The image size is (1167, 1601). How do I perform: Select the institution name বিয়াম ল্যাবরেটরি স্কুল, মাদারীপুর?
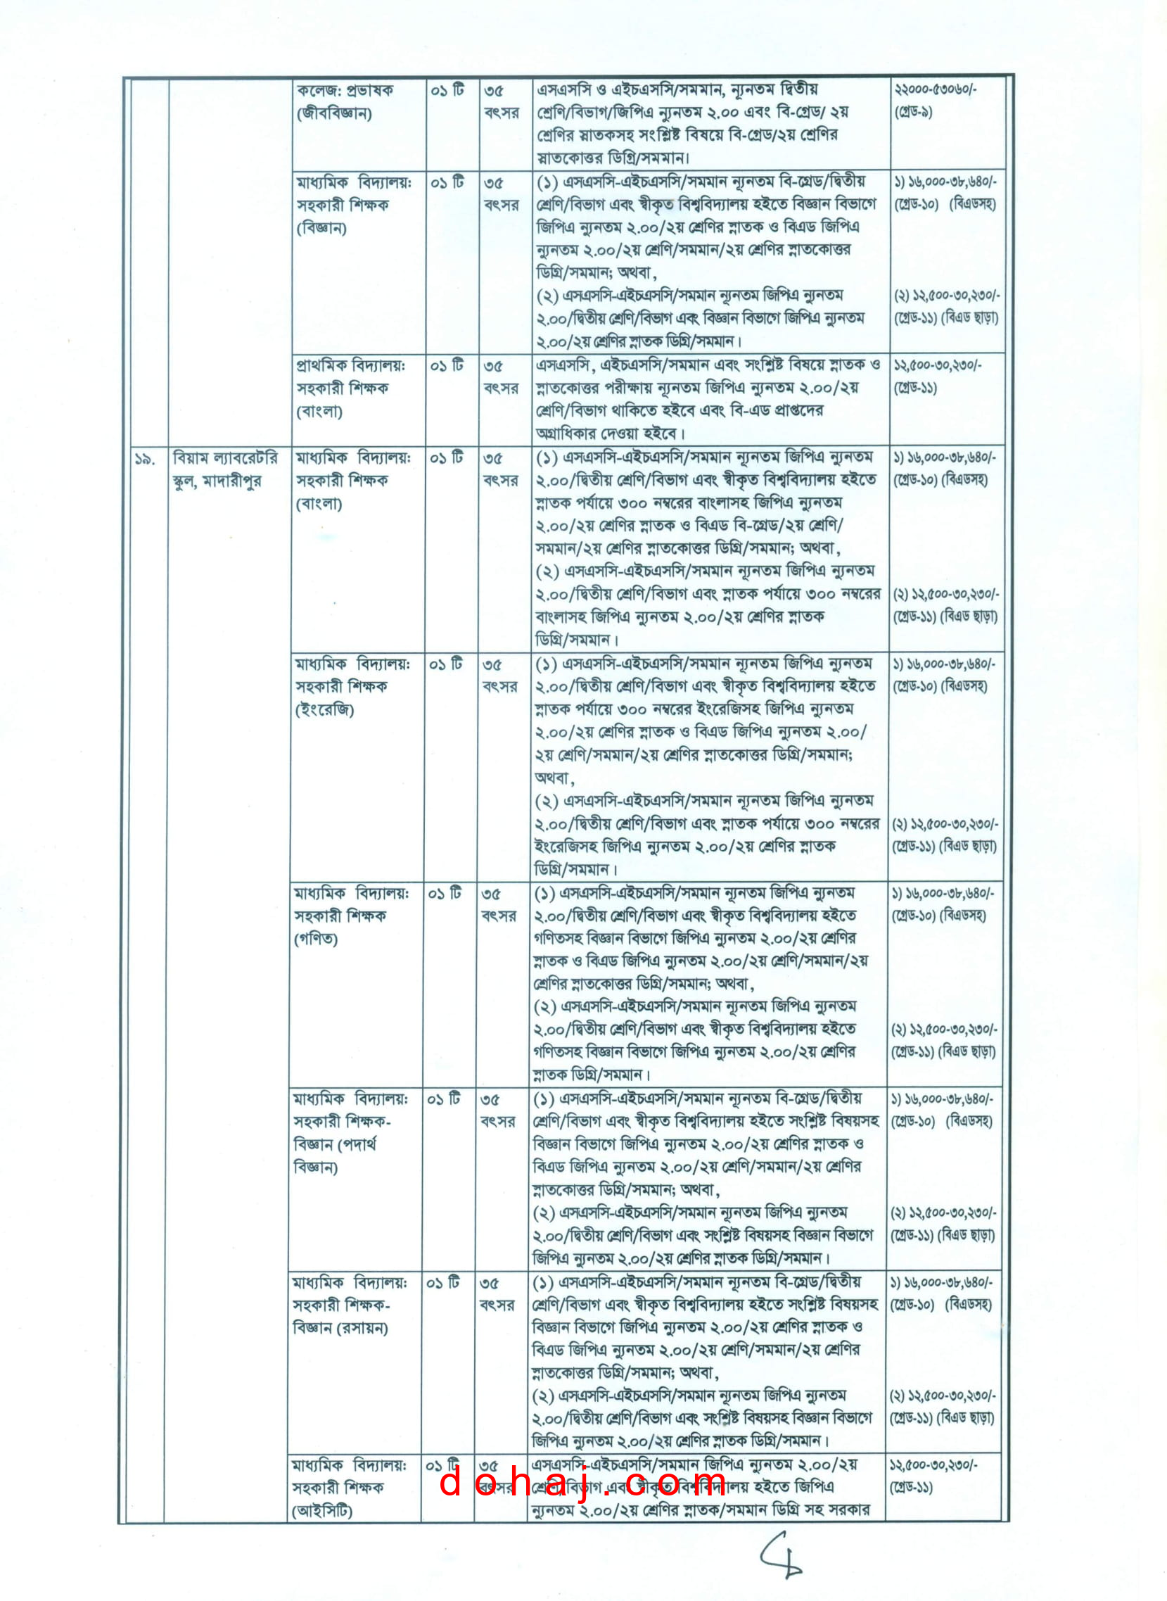pos(224,470)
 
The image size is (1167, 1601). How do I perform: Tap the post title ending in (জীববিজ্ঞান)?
pos(334,113)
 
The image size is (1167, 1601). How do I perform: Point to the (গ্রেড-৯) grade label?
pos(913,112)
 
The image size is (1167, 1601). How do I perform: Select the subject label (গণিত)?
pos(316,939)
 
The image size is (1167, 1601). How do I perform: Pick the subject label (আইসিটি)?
pos(322,1510)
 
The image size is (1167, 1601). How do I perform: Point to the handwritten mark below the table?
pos(782,1555)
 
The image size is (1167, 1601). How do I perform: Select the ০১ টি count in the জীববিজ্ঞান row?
pos(447,91)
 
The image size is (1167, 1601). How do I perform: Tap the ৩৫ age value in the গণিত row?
pos(492,894)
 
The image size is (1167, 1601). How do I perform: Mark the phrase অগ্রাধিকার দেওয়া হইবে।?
pos(611,433)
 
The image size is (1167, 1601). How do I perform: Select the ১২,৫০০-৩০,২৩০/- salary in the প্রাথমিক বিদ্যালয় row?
pos(937,365)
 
